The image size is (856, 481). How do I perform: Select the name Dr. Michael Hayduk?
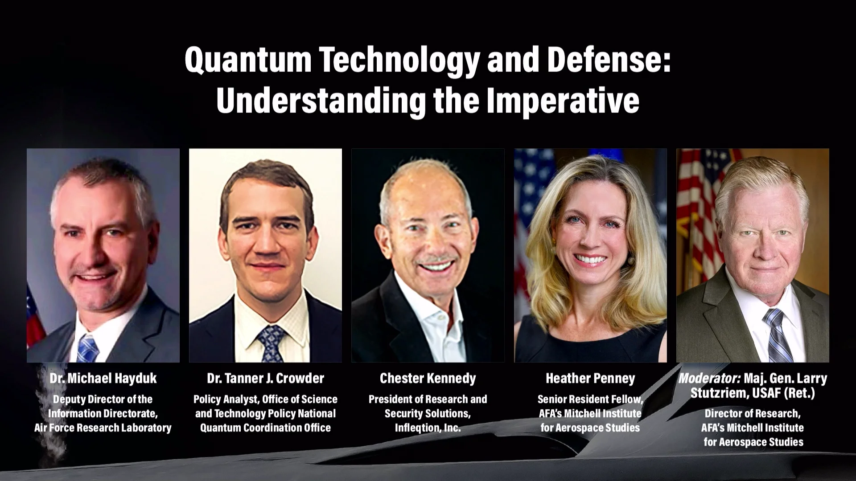tap(103, 379)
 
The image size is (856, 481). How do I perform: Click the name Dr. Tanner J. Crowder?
tap(265, 379)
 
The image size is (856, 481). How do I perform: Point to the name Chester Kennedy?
tap(428, 379)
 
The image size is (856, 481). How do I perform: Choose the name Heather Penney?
tap(590, 379)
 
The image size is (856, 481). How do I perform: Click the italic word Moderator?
tap(709, 379)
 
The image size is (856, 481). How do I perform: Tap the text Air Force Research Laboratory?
tap(103, 428)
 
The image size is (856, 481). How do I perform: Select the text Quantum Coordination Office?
tap(265, 428)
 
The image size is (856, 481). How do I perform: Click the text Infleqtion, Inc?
tap(428, 428)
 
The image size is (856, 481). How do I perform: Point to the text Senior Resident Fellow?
tap(590, 399)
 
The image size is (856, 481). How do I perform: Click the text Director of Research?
tap(753, 414)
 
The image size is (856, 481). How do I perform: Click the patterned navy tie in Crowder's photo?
tap(271, 343)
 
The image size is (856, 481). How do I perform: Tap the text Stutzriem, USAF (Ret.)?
tap(753, 393)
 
